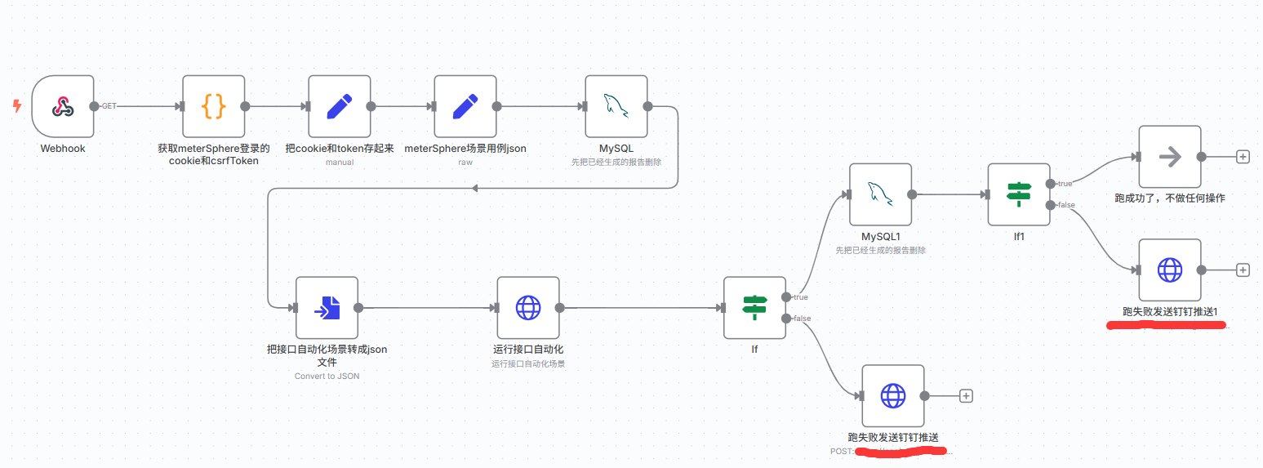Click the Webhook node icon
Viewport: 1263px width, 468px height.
tap(63, 106)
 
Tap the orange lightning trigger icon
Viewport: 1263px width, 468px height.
tap(17, 105)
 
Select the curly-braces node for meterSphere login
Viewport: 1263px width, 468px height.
tap(213, 106)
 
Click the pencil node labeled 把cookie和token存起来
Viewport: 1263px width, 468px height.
tap(339, 106)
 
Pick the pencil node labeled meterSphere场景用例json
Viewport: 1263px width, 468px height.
tap(465, 106)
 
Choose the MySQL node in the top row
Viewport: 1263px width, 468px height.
tap(616, 106)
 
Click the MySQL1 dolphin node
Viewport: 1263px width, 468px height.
tap(879, 194)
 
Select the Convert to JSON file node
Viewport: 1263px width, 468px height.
tap(327, 307)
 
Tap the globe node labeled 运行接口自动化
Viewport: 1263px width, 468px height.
tap(527, 307)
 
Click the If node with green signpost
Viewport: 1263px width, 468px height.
tap(754, 307)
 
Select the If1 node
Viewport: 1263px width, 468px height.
tap(1018, 194)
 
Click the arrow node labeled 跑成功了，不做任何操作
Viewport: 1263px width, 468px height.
tap(1169, 157)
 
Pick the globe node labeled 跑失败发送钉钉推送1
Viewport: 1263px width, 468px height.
tap(1169, 270)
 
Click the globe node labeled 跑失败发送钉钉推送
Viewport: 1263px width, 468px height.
tap(892, 395)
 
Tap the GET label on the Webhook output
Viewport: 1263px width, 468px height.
tap(109, 106)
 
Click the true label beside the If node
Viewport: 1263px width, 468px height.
tap(800, 297)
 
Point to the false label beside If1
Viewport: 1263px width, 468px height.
tap(1065, 205)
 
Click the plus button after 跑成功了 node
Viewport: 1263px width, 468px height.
tap(1243, 157)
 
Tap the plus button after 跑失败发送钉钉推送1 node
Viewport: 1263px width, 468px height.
tap(1243, 270)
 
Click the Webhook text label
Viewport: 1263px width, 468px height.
tap(63, 149)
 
